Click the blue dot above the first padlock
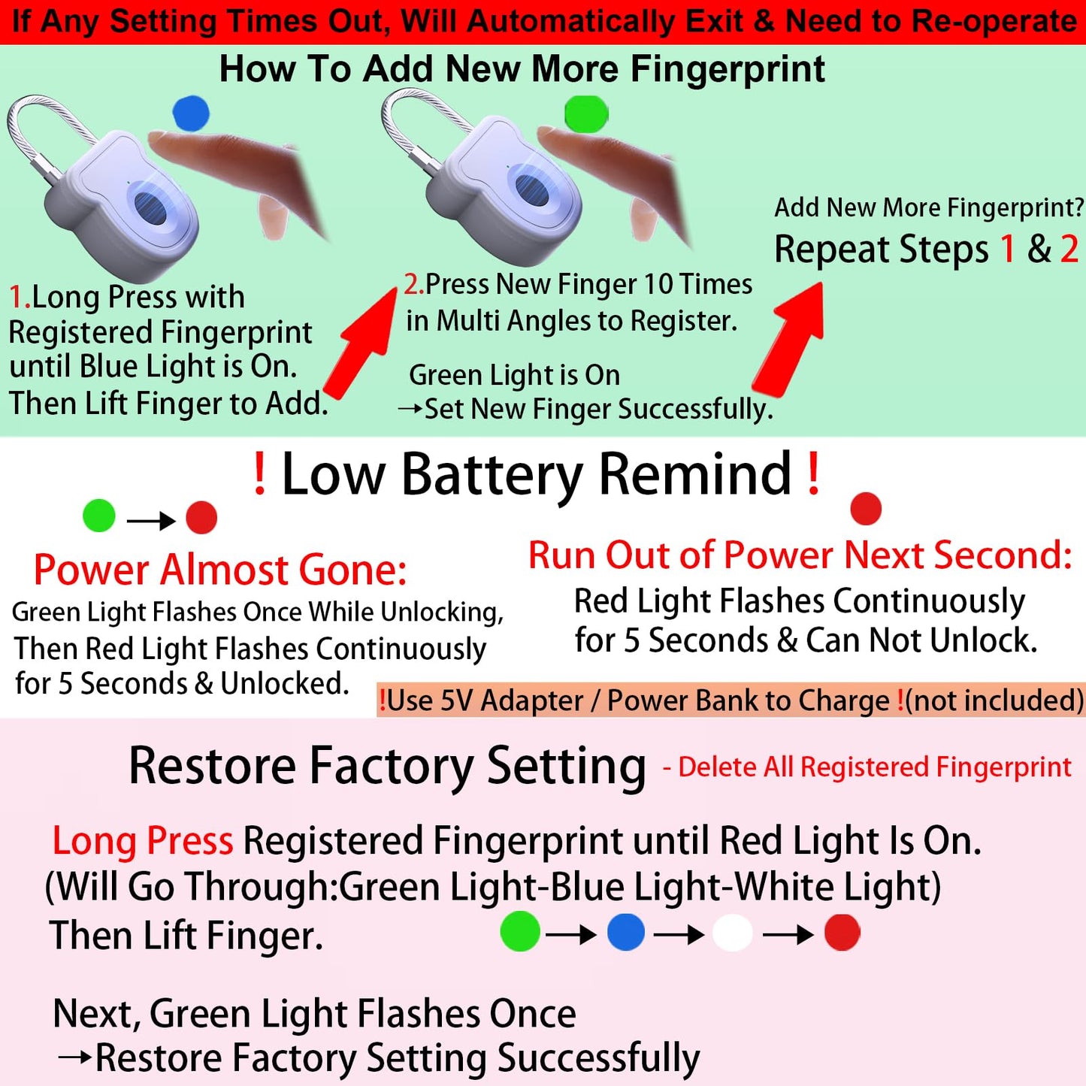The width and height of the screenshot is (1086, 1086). point(191,113)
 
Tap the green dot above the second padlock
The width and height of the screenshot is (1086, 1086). point(586,113)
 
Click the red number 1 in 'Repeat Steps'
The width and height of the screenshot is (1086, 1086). point(1007,249)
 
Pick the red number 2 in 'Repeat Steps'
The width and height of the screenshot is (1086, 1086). point(1069,249)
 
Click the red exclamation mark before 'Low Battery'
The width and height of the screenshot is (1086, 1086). point(259,473)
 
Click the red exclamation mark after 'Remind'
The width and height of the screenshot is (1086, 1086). point(813,473)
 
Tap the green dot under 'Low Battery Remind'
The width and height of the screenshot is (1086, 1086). point(98,515)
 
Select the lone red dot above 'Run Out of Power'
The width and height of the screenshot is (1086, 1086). point(866,508)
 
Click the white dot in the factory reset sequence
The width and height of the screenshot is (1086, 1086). point(732,933)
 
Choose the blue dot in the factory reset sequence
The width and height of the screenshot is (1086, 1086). point(625,932)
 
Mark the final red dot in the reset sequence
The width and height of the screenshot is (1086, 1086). point(842,933)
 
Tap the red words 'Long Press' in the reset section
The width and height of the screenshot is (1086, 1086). point(143,842)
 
